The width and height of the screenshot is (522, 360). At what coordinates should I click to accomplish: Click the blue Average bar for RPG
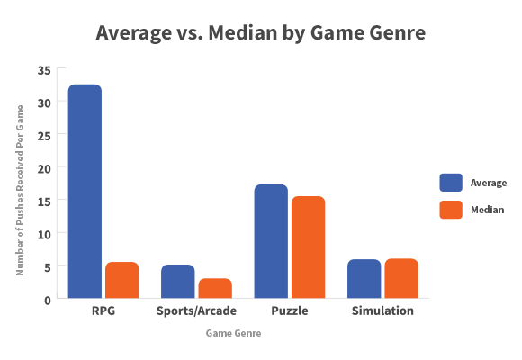pos(85,191)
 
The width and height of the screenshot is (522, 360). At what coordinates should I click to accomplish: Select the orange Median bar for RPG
pos(121,280)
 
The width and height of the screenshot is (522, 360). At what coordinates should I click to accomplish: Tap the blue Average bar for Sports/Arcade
pos(177,281)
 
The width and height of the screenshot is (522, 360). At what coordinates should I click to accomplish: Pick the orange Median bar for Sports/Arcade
pos(215,288)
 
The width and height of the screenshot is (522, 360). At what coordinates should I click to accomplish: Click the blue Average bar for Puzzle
pos(270,240)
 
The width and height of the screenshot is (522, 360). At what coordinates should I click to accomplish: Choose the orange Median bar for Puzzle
pos(308,247)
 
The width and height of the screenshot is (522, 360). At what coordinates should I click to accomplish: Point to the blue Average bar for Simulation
pos(364,278)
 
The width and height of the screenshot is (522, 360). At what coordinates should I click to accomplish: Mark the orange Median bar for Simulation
pos(400,278)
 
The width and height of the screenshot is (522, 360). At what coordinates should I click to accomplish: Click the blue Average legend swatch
pos(450,183)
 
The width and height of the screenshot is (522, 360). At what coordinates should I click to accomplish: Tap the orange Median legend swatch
pos(450,210)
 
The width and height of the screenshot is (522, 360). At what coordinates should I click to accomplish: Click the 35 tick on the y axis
pos(45,69)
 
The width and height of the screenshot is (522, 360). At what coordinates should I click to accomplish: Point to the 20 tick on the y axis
pos(45,167)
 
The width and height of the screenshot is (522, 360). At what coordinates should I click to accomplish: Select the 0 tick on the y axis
pos(48,299)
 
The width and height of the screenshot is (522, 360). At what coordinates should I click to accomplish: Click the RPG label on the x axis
pos(103,311)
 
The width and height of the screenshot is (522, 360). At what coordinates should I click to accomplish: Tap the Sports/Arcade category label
pos(196,311)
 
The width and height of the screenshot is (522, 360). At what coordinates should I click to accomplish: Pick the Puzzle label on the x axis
pos(289,311)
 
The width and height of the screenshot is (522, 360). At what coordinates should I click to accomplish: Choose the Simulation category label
pos(382,311)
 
